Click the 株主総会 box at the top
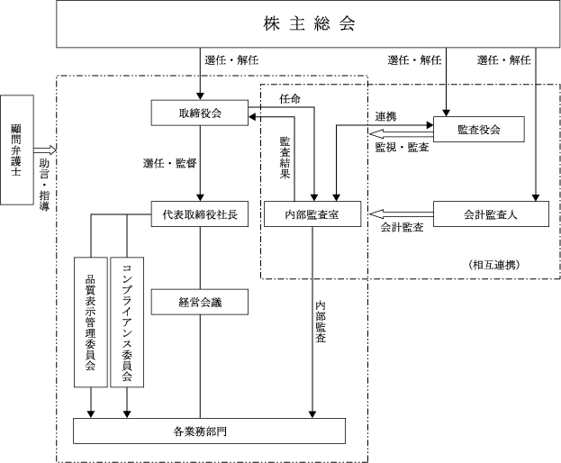pos(309,23)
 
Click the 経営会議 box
pos(199,303)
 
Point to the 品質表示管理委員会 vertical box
pos(91,322)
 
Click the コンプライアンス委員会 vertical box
pos(127,322)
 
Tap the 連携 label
pos(387,117)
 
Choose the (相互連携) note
pos(493,264)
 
